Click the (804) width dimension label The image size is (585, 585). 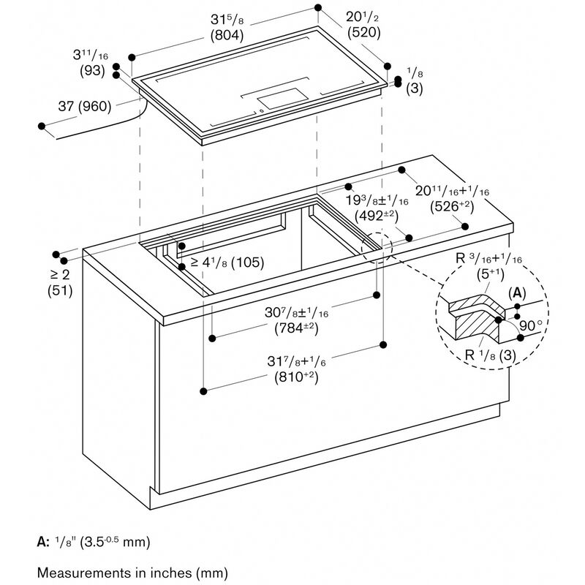pos(227,34)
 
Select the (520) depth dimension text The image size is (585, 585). pos(363,32)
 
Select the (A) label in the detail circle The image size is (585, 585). pos(516,292)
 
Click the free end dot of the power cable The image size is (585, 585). pos(42,127)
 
